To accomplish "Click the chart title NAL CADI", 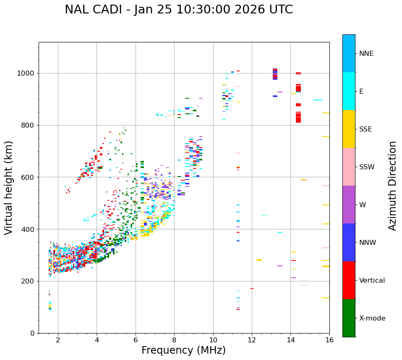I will pyautogui.click(x=178, y=10).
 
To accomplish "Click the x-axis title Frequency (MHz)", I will pyautogui.click(x=183, y=350).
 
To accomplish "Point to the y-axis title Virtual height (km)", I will pyautogui.click(x=9, y=187).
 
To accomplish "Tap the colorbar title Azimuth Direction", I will pyautogui.click(x=392, y=186).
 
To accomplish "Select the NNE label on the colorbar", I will pyautogui.click(x=366, y=54).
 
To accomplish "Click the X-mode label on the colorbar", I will pyautogui.click(x=372, y=318).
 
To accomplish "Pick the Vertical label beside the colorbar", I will pyautogui.click(x=372, y=281).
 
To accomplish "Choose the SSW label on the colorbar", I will pyautogui.click(x=367, y=167).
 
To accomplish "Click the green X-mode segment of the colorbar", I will pyautogui.click(x=349, y=318).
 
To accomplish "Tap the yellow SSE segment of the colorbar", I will pyautogui.click(x=349, y=129).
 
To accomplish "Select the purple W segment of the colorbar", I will pyautogui.click(x=349, y=205).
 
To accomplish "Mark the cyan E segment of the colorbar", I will pyautogui.click(x=349, y=91).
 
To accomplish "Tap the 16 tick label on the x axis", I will pyautogui.click(x=329, y=340).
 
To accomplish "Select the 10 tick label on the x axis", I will pyautogui.click(x=213, y=340).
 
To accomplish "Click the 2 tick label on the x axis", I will pyautogui.click(x=58, y=340).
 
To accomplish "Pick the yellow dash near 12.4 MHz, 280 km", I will pyautogui.click(x=259, y=260).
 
